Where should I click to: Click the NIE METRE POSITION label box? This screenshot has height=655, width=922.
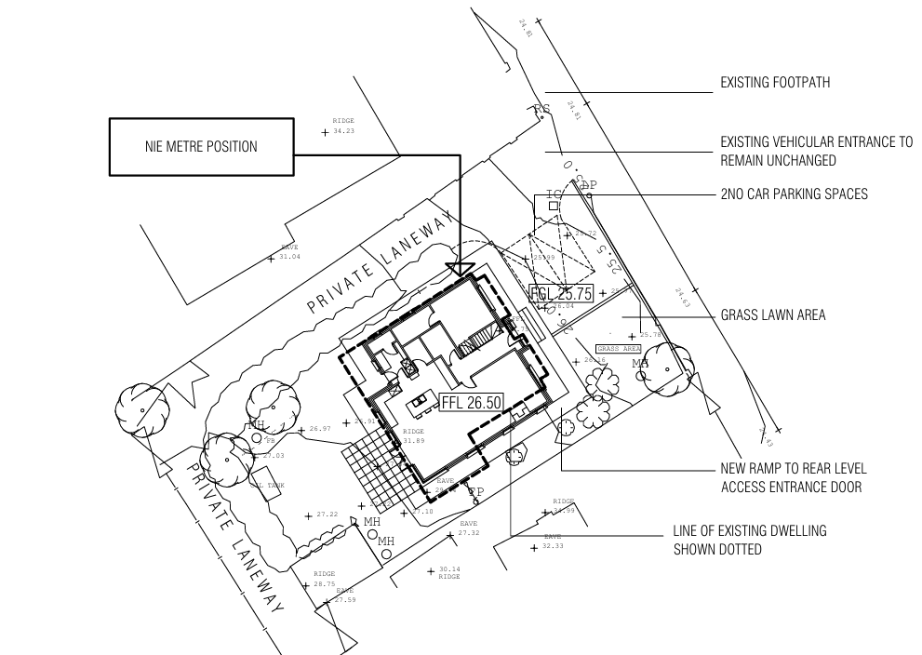[x=201, y=147]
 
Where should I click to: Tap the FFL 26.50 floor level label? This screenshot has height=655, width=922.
[x=471, y=403]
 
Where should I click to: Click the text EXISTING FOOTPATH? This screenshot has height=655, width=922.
[x=775, y=84]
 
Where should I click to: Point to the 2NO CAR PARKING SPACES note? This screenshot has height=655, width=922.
[x=794, y=194]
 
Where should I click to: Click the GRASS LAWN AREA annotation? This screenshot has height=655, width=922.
[x=772, y=316]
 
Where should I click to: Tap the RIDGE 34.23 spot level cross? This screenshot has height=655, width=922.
[x=325, y=133]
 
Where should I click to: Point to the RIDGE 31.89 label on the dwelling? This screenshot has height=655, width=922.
[x=413, y=436]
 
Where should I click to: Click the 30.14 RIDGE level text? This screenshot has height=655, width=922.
[x=448, y=573]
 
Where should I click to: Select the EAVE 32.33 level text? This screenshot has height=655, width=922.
[x=553, y=541]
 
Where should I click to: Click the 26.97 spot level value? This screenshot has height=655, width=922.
[x=319, y=429]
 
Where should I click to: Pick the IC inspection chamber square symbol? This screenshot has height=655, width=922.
[x=554, y=205]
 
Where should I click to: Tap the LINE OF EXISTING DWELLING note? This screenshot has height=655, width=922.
[x=750, y=540]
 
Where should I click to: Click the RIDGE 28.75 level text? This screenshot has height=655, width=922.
[x=324, y=580]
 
